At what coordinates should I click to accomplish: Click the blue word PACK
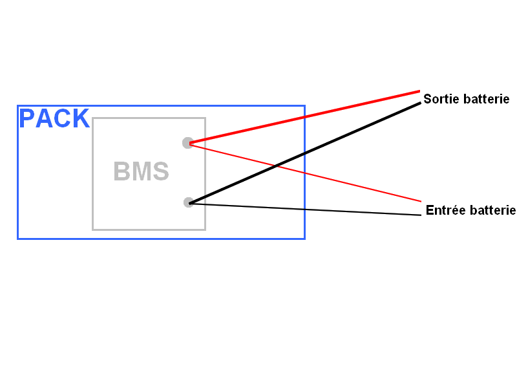click(x=54, y=118)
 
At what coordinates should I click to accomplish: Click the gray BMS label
click(x=141, y=171)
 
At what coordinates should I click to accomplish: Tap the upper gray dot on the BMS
click(x=188, y=143)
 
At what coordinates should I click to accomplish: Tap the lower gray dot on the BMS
click(x=188, y=202)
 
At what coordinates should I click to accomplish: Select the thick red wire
click(x=304, y=117)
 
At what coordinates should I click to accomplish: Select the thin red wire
click(x=305, y=172)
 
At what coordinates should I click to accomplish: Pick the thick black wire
click(x=305, y=153)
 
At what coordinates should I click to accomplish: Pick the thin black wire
click(x=305, y=209)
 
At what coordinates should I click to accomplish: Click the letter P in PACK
click(x=27, y=118)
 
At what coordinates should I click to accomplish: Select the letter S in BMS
click(x=161, y=171)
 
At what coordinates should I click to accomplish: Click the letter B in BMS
click(x=121, y=171)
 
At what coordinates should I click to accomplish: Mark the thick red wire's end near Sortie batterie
click(x=419, y=91)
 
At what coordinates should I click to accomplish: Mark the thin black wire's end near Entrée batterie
click(x=421, y=215)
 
